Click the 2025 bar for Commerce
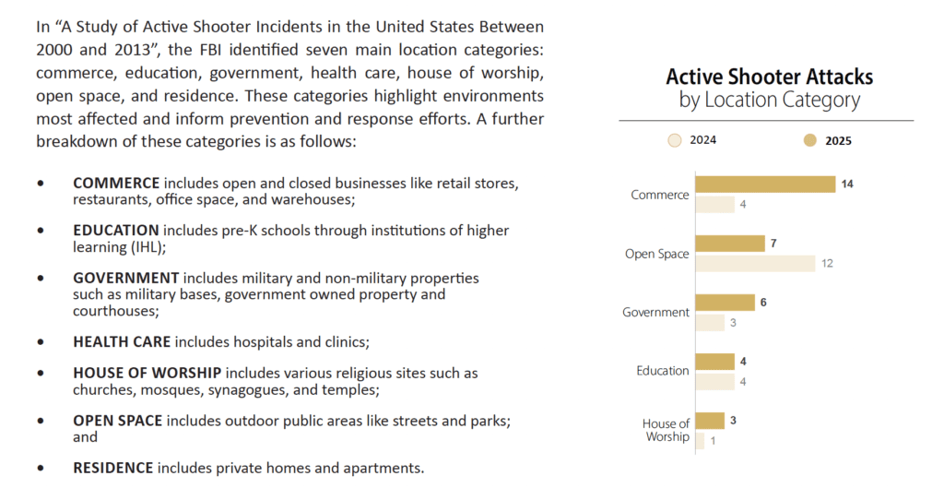(x=765, y=184)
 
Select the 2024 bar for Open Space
(x=755, y=263)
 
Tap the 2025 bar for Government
(x=725, y=303)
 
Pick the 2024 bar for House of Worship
(x=700, y=441)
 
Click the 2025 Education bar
(x=714, y=362)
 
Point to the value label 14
(x=847, y=184)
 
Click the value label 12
(x=827, y=263)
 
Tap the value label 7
(x=773, y=244)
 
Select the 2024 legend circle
(x=675, y=140)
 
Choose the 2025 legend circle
(x=810, y=140)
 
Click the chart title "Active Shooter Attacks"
(x=770, y=77)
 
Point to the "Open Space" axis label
(x=656, y=254)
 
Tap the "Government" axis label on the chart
(x=655, y=312)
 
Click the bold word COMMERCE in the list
(x=116, y=184)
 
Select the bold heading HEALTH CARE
(x=122, y=342)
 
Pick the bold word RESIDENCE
(x=113, y=468)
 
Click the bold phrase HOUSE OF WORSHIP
(x=147, y=374)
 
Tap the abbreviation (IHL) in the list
(x=147, y=247)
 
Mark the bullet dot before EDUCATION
(x=41, y=230)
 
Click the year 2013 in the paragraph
(x=132, y=50)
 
